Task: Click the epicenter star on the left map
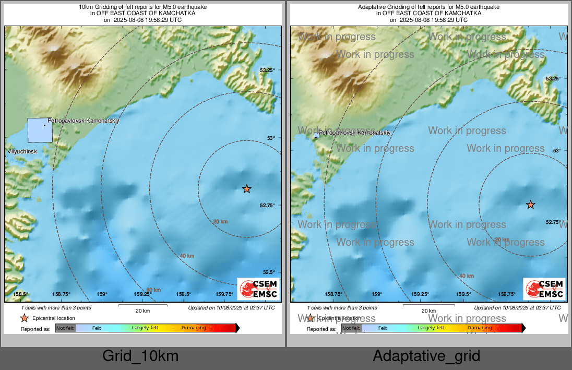[247, 188]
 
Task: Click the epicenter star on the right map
[530, 205]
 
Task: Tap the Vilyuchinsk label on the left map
[22, 151]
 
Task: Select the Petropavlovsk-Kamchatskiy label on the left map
[84, 121]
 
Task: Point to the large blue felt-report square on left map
[40, 130]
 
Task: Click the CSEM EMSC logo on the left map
[258, 289]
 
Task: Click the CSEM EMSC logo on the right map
[544, 289]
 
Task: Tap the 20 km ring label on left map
[220, 222]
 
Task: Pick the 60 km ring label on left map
[153, 290]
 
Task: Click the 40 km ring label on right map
[467, 276]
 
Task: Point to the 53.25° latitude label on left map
[267, 70]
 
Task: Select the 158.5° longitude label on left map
[20, 294]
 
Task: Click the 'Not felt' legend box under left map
[65, 328]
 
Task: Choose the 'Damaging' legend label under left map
[194, 328]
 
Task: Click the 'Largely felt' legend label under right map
[431, 328]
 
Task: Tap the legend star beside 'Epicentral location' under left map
[24, 318]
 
